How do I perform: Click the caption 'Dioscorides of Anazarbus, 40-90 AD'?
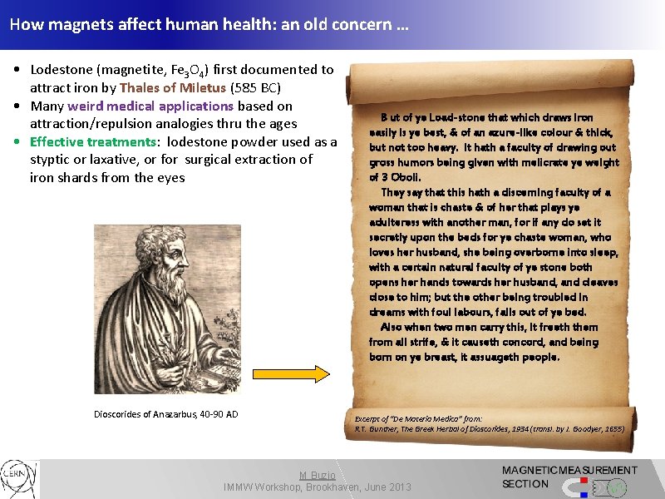[165, 414]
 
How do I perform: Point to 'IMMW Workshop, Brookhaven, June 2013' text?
[318, 487]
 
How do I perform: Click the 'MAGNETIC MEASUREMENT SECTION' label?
[569, 477]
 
